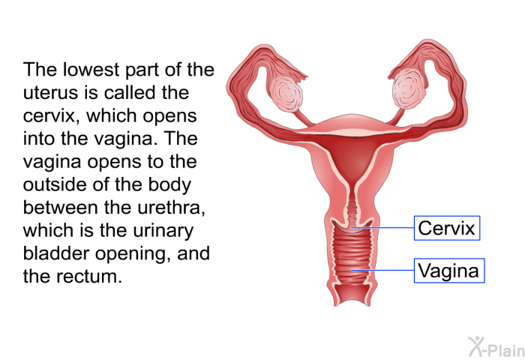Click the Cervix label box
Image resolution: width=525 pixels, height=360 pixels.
tap(447, 228)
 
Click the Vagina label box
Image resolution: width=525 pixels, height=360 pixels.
tap(449, 271)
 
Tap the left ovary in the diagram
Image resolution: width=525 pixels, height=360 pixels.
tap(286, 93)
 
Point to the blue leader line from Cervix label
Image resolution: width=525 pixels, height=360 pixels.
tap(382, 228)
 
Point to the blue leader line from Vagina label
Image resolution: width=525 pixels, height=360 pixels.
tap(382, 270)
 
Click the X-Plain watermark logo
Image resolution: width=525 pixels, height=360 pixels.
tap(496, 346)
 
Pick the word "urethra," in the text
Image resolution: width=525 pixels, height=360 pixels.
tap(171, 208)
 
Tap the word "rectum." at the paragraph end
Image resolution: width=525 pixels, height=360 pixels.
tap(89, 277)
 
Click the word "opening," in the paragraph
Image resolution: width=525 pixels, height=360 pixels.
tap(133, 253)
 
